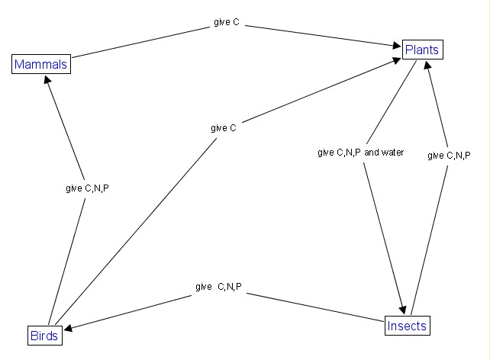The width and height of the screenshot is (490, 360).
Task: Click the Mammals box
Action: (40, 64)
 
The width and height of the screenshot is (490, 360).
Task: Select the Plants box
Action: (422, 50)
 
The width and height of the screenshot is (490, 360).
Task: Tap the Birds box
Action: (44, 335)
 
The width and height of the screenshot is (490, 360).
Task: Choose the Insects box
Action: (406, 326)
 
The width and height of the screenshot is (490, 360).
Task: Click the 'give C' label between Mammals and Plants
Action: (225, 23)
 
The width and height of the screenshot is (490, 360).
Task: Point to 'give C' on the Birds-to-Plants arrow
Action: (224, 128)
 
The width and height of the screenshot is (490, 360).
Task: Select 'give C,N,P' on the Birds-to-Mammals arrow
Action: (87, 188)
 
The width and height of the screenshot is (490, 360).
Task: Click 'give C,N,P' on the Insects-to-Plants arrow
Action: (449, 156)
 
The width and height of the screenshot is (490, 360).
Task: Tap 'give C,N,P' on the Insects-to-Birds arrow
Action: (218, 287)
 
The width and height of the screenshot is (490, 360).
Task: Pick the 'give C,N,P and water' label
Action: (359, 153)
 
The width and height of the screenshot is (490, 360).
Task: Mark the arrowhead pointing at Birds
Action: (69, 329)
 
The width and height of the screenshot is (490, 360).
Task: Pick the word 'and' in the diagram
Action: (372, 153)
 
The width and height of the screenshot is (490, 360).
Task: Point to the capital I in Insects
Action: (389, 326)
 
